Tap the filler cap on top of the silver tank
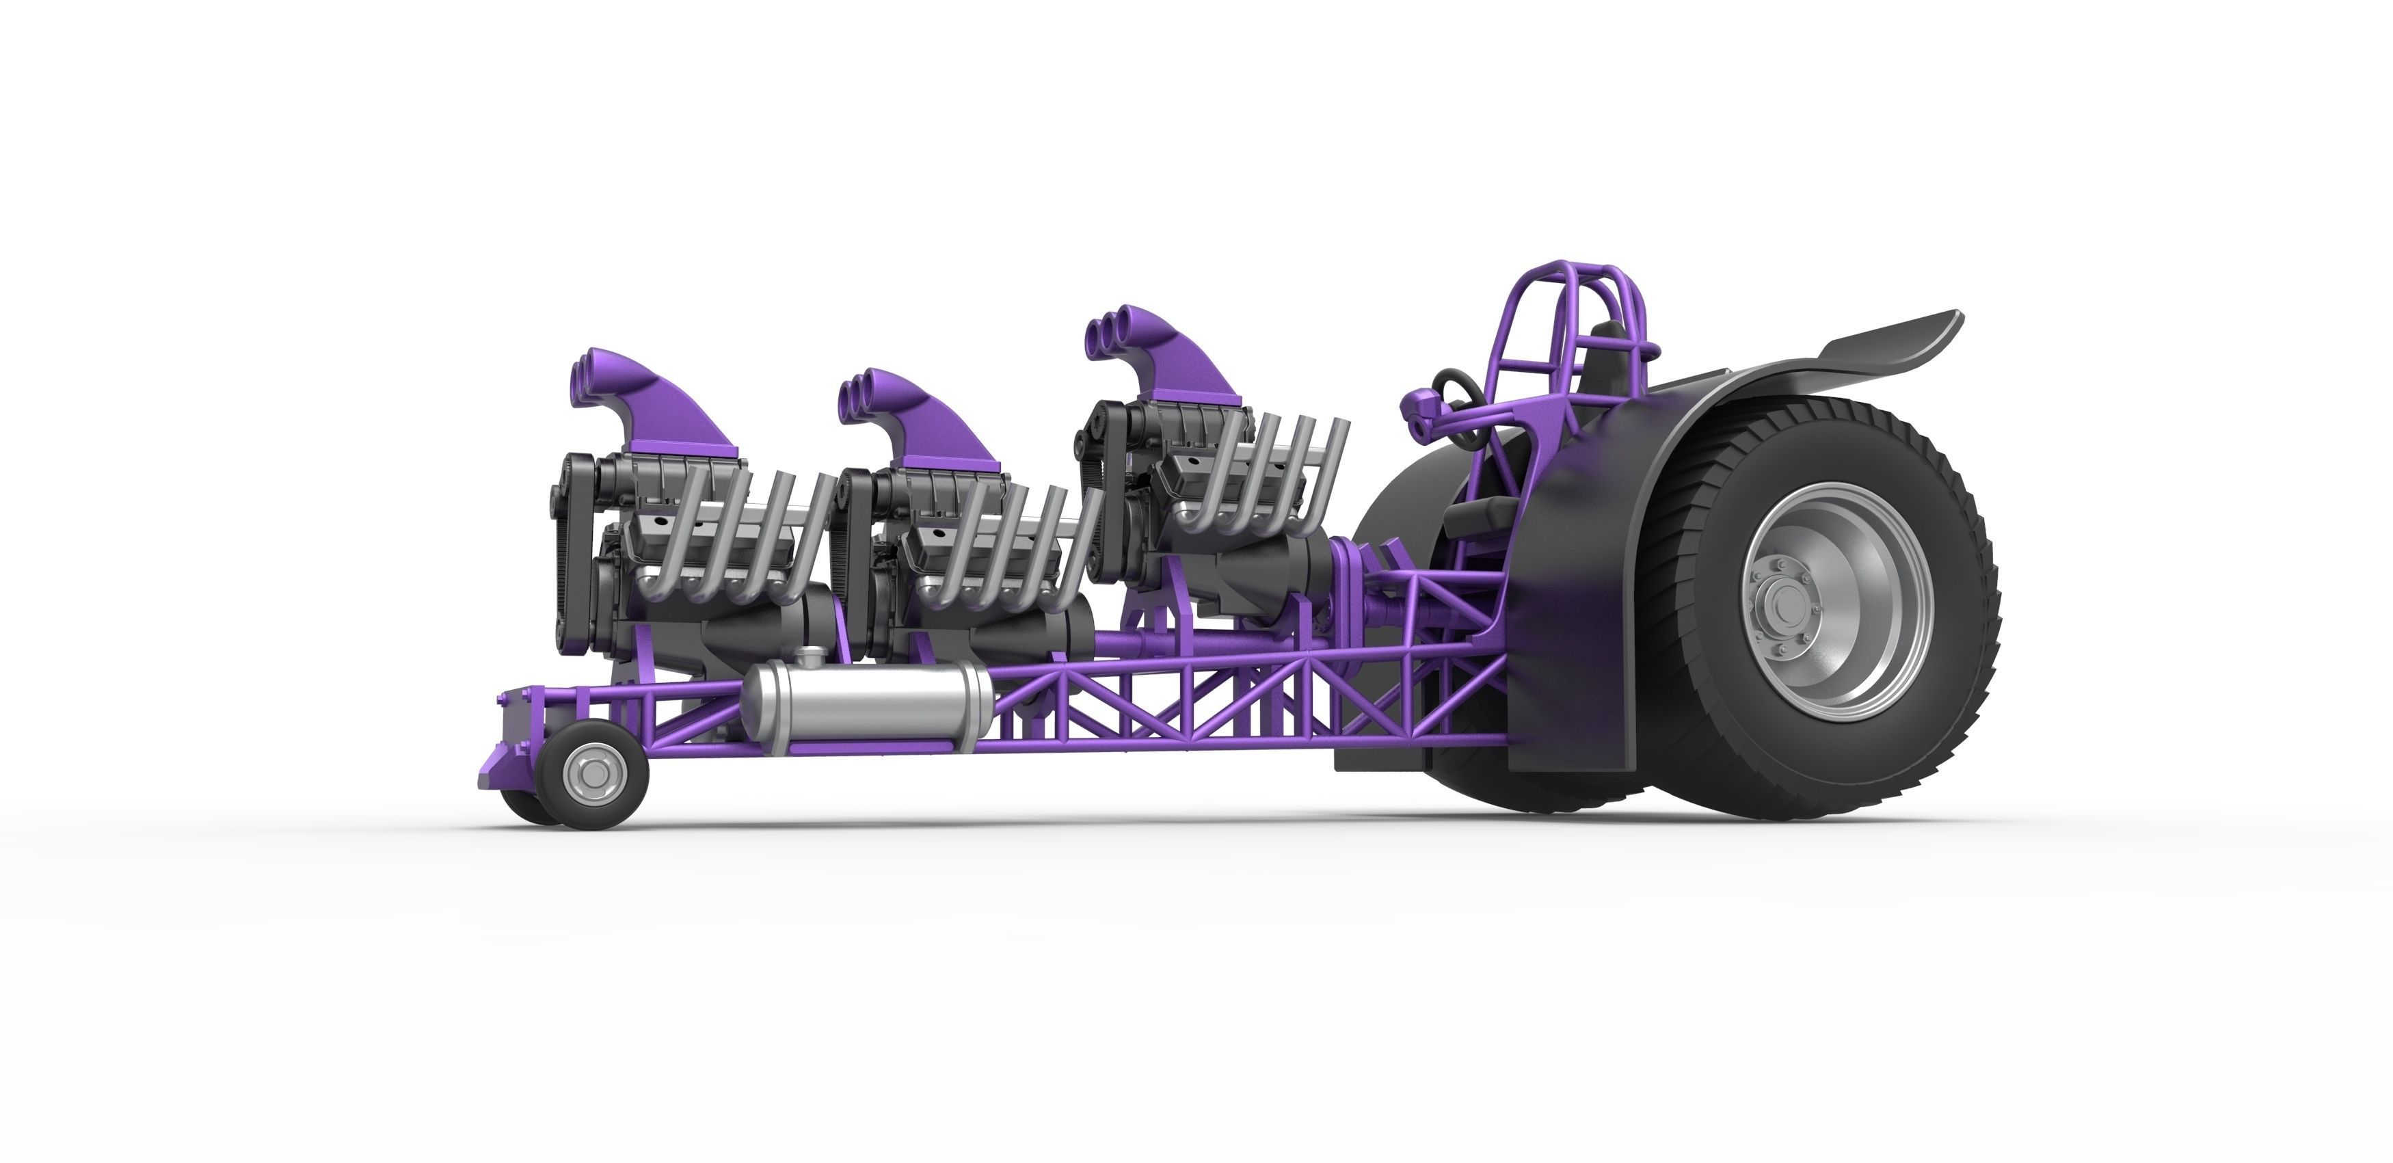pyautogui.click(x=811, y=657)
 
